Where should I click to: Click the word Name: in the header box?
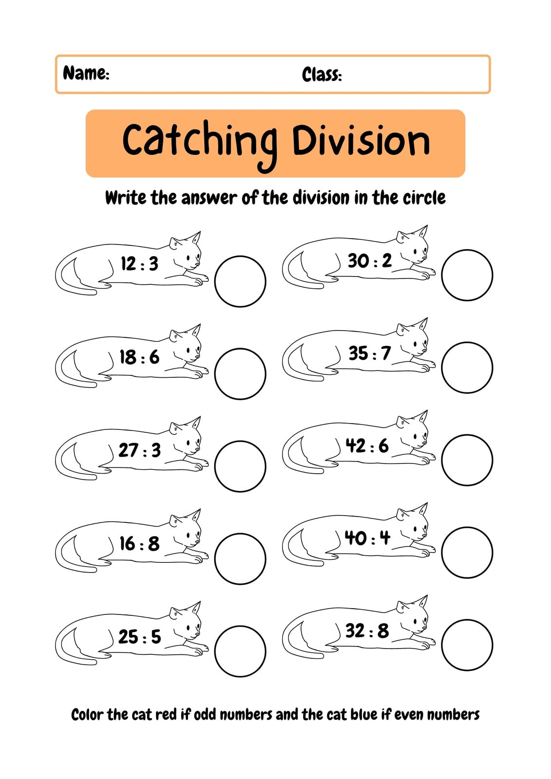click(x=86, y=73)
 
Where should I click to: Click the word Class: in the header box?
click(x=322, y=74)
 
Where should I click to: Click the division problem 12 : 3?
click(x=140, y=263)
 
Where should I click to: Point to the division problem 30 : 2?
click(x=370, y=260)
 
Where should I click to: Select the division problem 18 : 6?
click(x=139, y=357)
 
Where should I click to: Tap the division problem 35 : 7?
click(x=370, y=353)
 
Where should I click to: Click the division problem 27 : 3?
click(x=140, y=450)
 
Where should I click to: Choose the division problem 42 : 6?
click(x=367, y=445)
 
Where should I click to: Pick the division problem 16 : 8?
click(x=139, y=543)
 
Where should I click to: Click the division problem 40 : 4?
click(x=367, y=538)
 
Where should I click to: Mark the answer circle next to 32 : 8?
click(x=467, y=620)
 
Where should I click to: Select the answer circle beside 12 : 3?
click(x=240, y=257)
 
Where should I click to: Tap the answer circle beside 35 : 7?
click(x=467, y=343)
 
